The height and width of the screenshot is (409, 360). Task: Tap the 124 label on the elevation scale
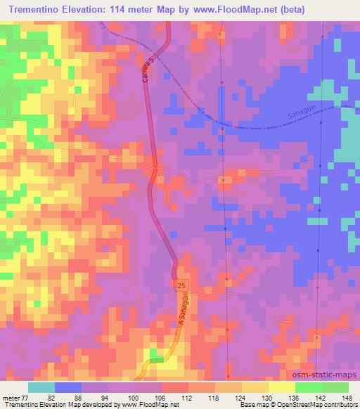pyautogui.click(x=243, y=396)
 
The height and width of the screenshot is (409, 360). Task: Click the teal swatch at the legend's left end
pyautogui.click(x=41, y=387)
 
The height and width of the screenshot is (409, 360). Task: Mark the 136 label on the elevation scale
pyautogui.click(x=295, y=396)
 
